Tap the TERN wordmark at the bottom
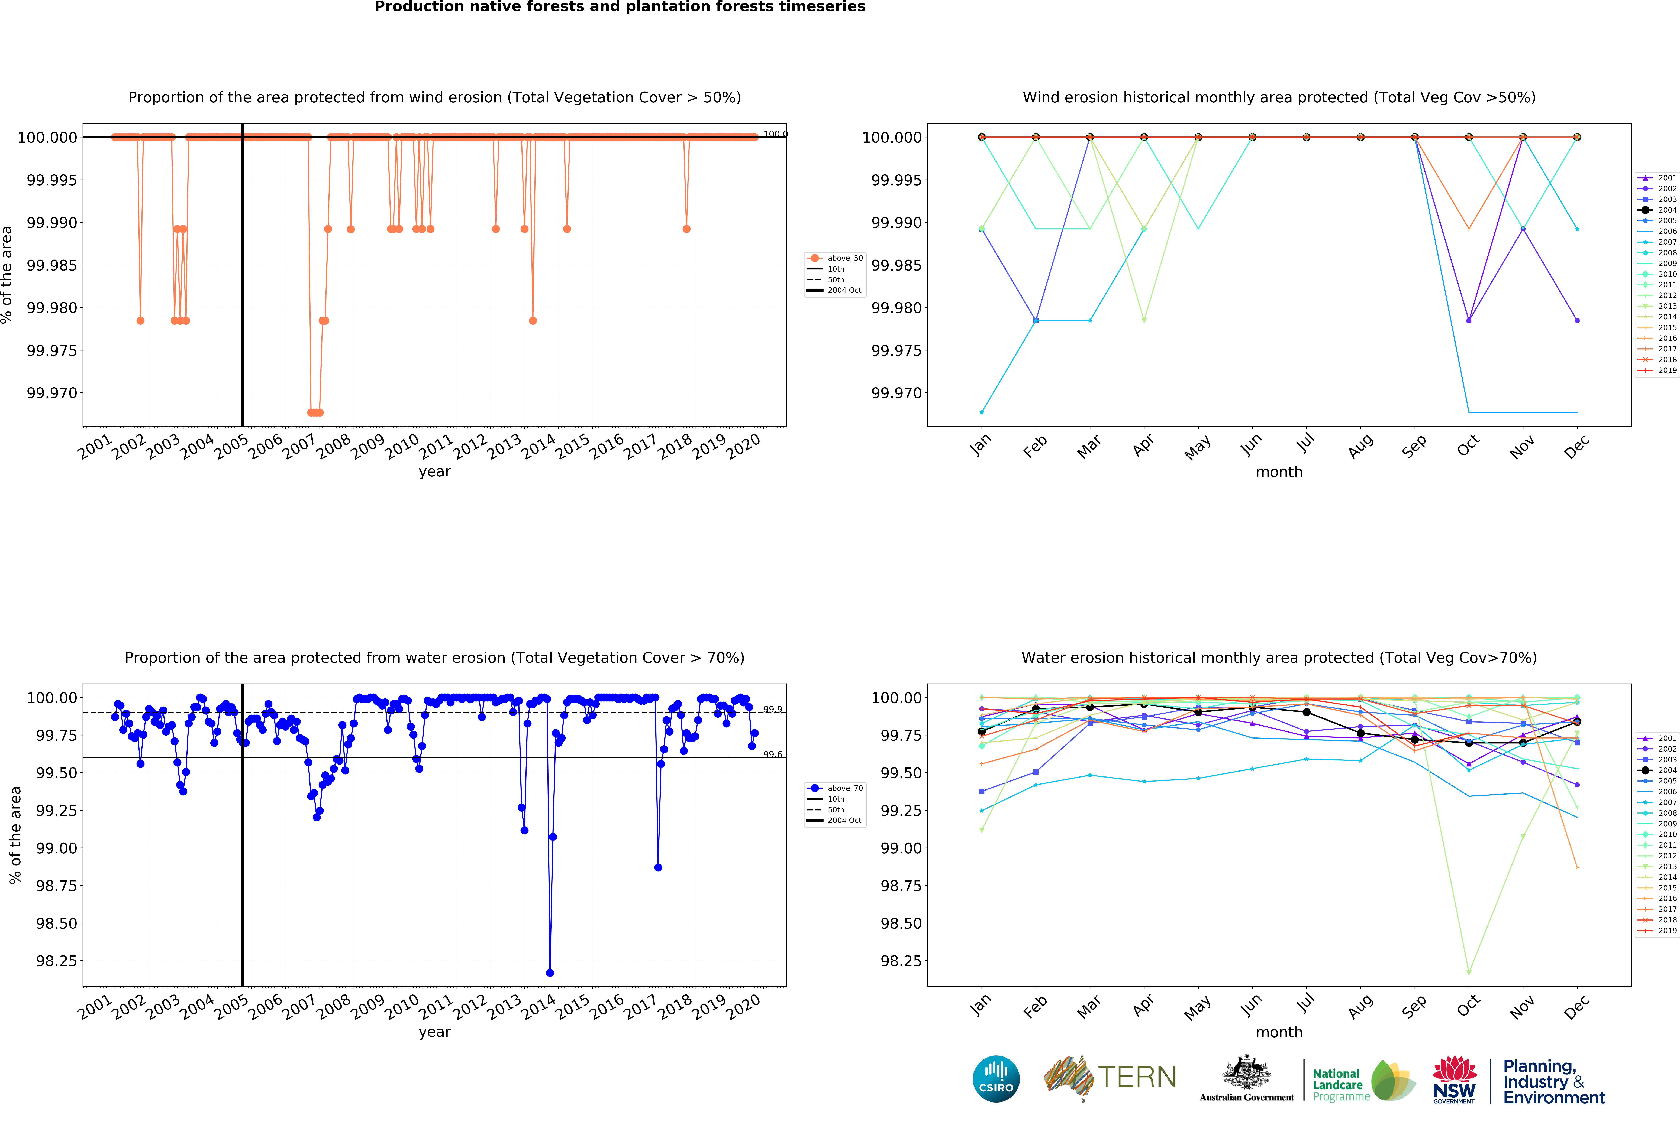tap(1137, 1077)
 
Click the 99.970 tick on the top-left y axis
tap(51, 393)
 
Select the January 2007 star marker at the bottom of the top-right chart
tap(981, 412)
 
